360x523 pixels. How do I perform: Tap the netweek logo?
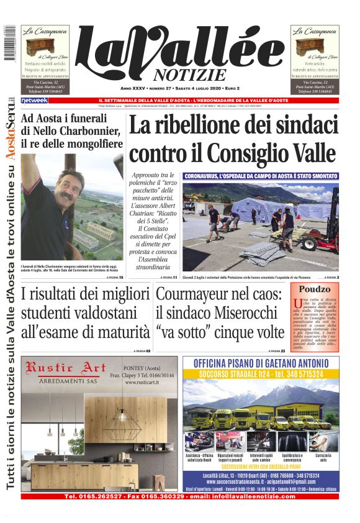pos(34,100)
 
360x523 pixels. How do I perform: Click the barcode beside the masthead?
pos(9,43)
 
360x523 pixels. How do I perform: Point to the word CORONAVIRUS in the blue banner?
pos(208,176)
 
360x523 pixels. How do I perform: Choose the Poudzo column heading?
pos(314,289)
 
